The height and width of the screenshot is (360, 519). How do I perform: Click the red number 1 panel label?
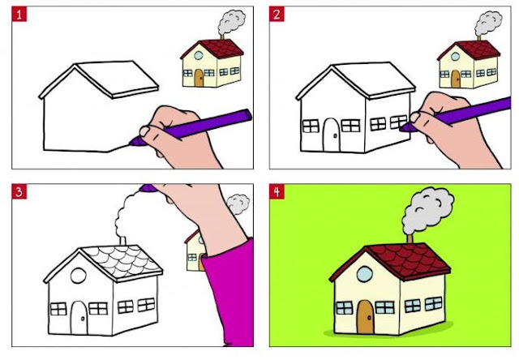[x=19, y=15]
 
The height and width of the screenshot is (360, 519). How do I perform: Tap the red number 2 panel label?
[x=277, y=15]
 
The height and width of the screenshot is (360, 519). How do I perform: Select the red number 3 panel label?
[x=19, y=191]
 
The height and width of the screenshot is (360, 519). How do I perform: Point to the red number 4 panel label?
[x=277, y=191]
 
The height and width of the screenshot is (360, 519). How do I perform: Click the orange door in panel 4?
[x=366, y=317]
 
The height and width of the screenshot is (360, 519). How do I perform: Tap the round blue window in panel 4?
[x=365, y=274]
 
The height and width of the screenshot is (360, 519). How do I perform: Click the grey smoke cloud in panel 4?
[x=427, y=211]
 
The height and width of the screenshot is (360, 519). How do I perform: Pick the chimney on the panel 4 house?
[x=410, y=238]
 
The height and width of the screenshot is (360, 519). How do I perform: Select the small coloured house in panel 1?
[x=212, y=63]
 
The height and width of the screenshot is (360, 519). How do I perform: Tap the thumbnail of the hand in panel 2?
[x=414, y=117]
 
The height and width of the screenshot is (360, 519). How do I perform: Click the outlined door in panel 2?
[x=332, y=135]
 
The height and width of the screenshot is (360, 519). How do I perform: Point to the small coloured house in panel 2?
[x=469, y=64]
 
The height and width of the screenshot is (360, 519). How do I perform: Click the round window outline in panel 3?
[x=79, y=276]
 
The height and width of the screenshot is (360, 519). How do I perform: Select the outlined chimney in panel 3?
[x=122, y=241]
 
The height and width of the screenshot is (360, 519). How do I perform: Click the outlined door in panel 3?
[x=79, y=317]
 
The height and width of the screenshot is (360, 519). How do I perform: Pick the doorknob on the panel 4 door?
[x=370, y=318]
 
